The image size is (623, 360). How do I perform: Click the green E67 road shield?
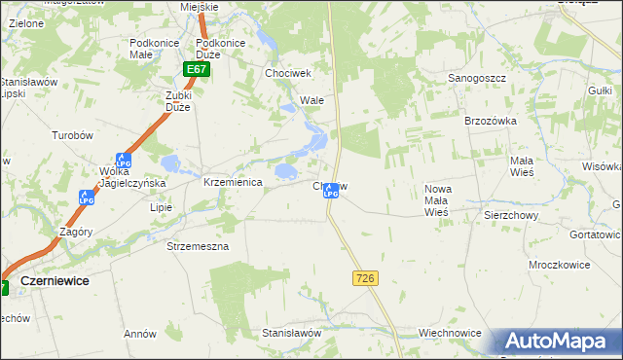tap(196, 70)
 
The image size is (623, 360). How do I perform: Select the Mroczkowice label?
tap(534, 264)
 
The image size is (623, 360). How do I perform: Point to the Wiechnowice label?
tap(450, 333)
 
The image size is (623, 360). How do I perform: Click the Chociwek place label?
tap(287, 73)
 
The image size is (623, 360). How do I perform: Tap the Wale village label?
tap(311, 100)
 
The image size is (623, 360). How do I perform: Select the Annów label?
tap(140, 334)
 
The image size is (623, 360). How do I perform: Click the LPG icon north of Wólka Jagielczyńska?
tap(123, 160)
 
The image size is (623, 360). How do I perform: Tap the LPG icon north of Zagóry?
tap(86, 198)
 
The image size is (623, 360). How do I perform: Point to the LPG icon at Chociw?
tap(331, 191)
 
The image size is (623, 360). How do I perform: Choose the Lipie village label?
tap(161, 207)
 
